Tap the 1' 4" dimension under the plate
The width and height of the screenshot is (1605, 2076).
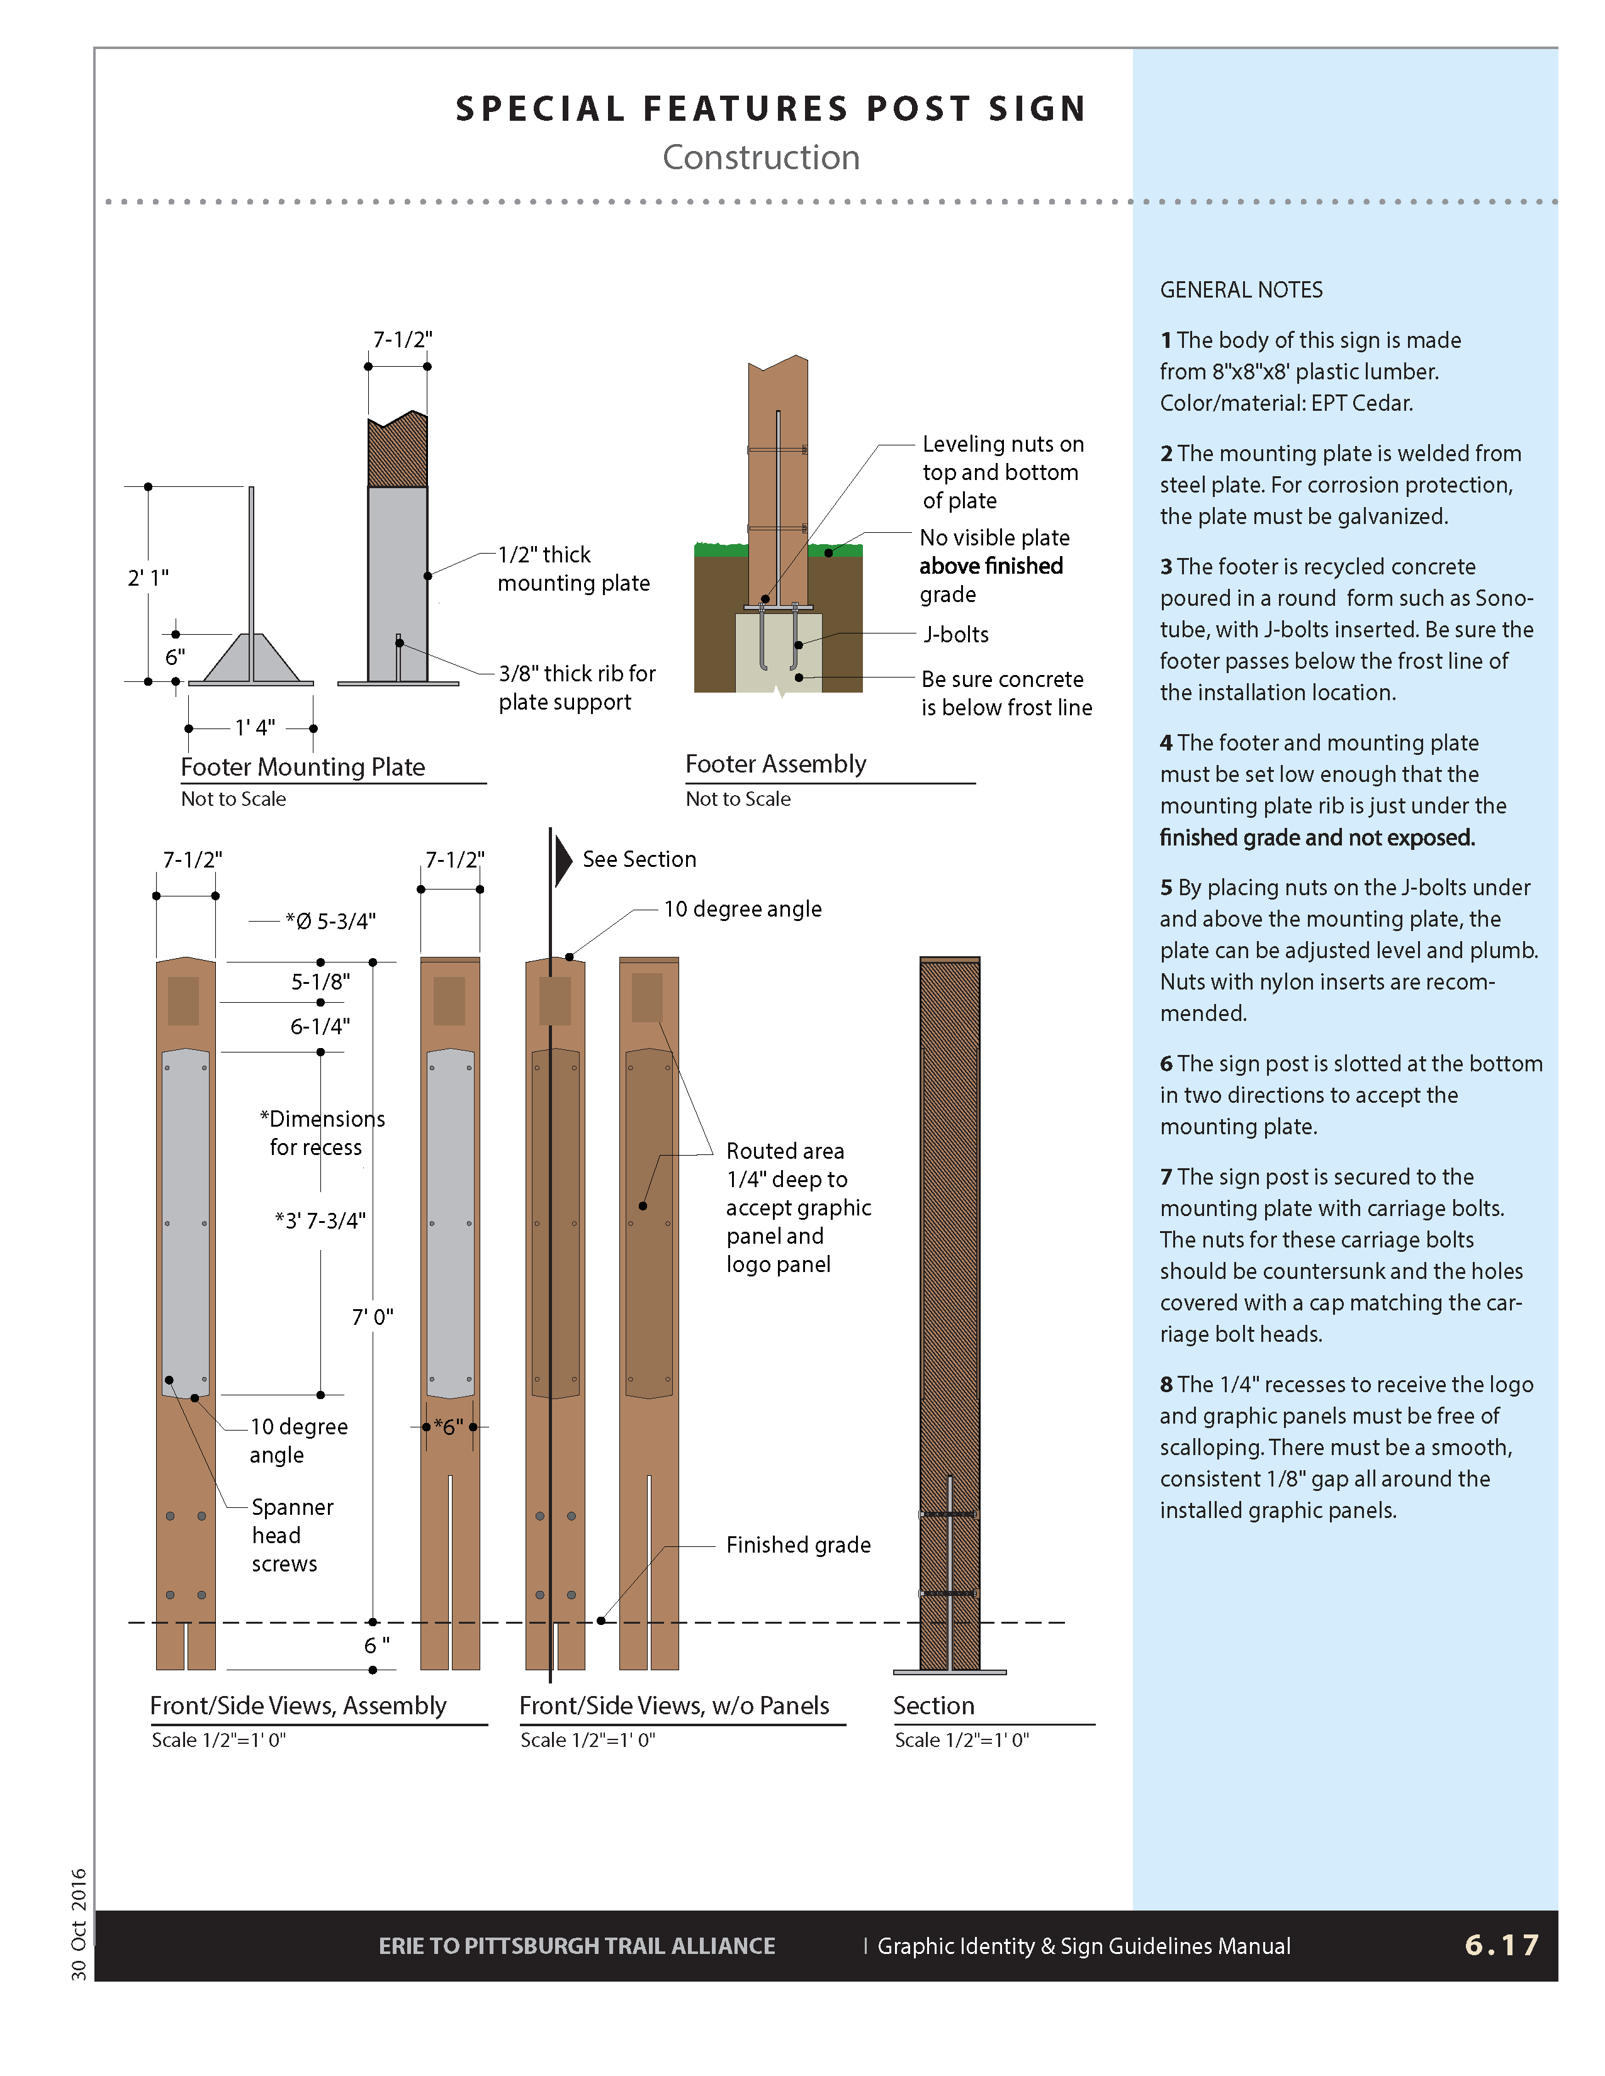(255, 728)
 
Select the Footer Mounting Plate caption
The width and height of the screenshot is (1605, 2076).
(302, 767)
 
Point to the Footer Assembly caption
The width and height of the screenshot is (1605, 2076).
(776, 764)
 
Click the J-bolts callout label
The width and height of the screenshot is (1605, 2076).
(957, 635)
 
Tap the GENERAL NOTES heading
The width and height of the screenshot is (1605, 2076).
(1241, 290)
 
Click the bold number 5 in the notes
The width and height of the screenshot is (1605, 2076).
(1166, 888)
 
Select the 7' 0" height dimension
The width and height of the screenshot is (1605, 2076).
(373, 1317)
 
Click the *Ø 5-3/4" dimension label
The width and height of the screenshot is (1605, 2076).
(331, 921)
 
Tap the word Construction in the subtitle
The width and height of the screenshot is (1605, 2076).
(761, 158)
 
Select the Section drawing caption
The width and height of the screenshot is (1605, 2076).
(933, 1706)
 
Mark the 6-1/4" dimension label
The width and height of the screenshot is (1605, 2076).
(320, 1027)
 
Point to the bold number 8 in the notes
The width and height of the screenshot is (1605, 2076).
(1166, 1385)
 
